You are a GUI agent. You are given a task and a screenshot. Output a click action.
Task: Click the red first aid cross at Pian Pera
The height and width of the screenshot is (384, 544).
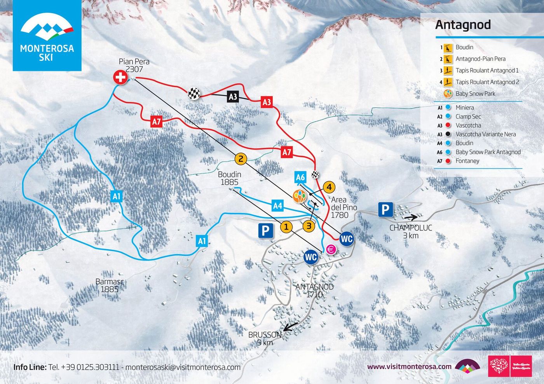[120, 77]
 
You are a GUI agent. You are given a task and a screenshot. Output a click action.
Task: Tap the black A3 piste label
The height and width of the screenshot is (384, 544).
[233, 97]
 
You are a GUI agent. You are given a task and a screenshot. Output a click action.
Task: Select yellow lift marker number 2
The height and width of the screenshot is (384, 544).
[241, 158]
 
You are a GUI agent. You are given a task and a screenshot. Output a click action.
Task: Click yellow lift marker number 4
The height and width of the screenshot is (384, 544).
[329, 187]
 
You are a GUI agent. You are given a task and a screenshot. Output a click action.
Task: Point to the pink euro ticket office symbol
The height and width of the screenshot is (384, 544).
[331, 250]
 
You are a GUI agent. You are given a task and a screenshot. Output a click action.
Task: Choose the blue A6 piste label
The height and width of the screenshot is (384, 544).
[300, 177]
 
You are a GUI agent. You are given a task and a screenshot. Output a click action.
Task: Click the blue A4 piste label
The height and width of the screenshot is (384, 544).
[277, 205]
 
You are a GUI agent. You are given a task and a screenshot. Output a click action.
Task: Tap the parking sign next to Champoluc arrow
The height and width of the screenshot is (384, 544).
[385, 210]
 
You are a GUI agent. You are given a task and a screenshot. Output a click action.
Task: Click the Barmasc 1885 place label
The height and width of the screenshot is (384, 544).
[110, 285]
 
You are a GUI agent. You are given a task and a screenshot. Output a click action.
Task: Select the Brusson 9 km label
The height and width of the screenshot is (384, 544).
[265, 338]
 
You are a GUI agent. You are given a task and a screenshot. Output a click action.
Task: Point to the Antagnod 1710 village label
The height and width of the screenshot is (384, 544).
[314, 290]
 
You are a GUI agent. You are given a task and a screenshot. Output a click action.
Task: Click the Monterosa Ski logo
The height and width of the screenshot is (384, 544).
[47, 36]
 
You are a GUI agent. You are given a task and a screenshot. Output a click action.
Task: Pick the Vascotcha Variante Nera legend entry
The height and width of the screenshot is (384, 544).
[485, 134]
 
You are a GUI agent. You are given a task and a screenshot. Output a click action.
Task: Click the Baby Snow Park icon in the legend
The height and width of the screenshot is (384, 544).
[448, 94]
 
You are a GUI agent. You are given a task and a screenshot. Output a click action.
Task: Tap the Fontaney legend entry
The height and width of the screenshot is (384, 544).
[467, 161]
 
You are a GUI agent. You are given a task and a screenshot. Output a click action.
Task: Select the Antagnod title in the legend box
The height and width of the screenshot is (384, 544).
[463, 25]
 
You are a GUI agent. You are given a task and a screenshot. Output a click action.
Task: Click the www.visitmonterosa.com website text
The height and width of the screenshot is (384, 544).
[409, 367]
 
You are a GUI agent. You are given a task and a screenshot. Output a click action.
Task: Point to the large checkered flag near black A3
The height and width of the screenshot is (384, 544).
[194, 93]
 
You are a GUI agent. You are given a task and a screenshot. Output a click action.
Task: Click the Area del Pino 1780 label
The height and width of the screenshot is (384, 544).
[343, 207]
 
